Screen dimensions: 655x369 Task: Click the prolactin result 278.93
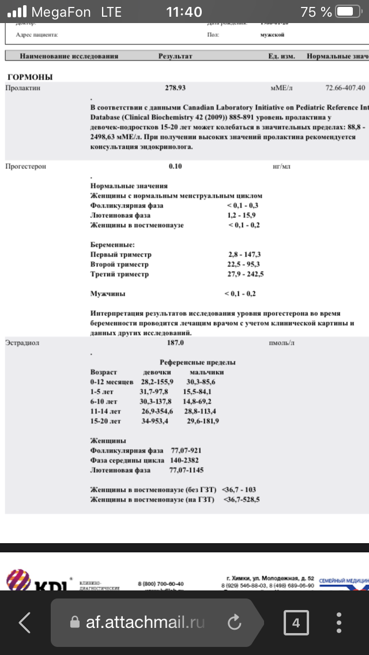click(x=175, y=88)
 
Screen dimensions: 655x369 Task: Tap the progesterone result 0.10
click(x=175, y=167)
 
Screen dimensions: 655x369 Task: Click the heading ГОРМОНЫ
click(x=30, y=77)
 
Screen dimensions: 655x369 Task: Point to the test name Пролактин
click(x=23, y=88)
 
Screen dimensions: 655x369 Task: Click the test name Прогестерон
click(x=25, y=167)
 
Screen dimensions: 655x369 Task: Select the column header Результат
click(x=175, y=57)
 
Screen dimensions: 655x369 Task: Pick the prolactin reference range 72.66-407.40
click(x=345, y=88)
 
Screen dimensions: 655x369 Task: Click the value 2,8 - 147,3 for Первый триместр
click(x=244, y=254)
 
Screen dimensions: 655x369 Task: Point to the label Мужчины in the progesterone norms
click(x=108, y=293)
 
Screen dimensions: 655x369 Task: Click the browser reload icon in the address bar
click(x=234, y=622)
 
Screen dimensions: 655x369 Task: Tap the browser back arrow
click(x=25, y=622)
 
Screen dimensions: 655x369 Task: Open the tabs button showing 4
click(x=296, y=622)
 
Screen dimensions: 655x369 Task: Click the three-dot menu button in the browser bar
click(x=339, y=622)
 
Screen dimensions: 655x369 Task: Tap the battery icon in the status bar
click(x=349, y=12)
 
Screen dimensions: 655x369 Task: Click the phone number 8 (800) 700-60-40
click(x=161, y=584)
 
